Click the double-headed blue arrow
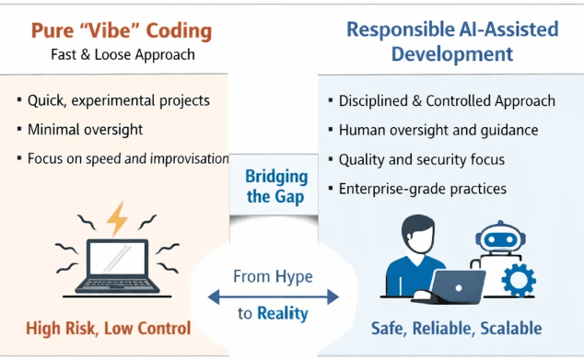point(273,296)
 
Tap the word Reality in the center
point(283,314)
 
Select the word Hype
point(294,276)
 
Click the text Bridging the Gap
point(276,187)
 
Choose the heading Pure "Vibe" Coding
point(121,30)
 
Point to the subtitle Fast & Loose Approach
point(123,54)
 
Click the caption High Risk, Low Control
point(109,328)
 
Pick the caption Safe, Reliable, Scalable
point(456,329)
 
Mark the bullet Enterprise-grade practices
point(423,189)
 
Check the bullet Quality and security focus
point(422,159)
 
